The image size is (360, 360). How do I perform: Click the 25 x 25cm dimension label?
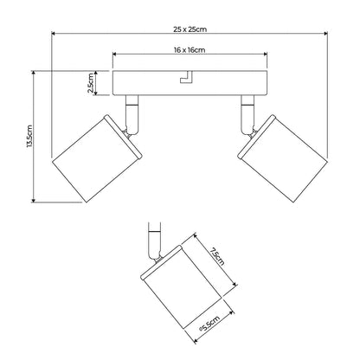coord(190,29)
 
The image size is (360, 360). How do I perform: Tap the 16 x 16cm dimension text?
coord(190,50)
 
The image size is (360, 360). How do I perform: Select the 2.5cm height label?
coord(90,83)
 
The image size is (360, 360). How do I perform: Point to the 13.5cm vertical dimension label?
coord(29,136)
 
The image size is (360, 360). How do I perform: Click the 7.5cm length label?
coord(217,256)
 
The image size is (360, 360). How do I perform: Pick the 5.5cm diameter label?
coord(209,324)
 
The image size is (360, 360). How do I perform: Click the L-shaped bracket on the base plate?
coord(186,77)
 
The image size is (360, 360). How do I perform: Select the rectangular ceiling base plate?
coord(190,83)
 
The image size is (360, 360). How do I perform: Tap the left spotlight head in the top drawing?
coord(97,158)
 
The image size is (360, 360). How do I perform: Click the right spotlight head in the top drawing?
coord(283,158)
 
